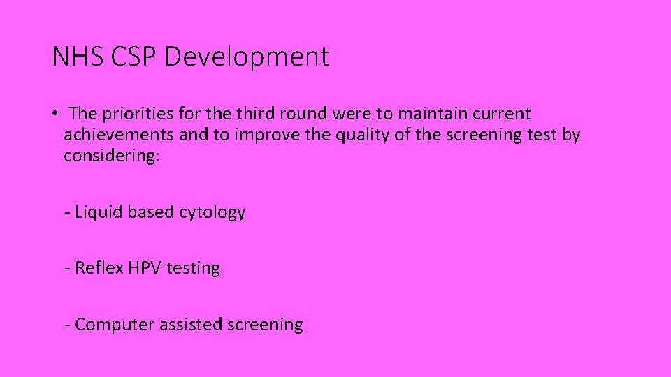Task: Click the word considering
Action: pos(112,156)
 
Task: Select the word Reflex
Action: pos(100,268)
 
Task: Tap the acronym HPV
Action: pos(145,268)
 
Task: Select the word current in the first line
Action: pos(502,114)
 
